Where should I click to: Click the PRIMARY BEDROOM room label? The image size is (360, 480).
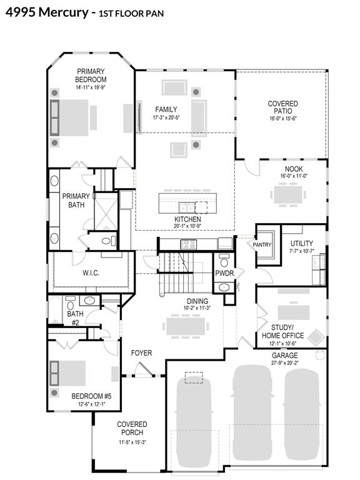click(91, 75)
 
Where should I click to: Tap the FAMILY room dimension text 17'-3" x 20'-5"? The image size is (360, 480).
click(166, 117)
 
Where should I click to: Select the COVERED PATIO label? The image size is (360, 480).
click(283, 107)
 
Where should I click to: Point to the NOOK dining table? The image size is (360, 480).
click(288, 194)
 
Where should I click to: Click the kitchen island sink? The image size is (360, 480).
click(186, 208)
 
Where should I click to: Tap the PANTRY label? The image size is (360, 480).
click(262, 244)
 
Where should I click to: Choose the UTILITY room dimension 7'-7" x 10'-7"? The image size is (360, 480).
click(301, 251)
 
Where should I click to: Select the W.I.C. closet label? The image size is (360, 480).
click(91, 272)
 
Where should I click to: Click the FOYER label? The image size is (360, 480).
click(141, 353)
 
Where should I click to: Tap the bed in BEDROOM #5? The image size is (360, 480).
click(67, 373)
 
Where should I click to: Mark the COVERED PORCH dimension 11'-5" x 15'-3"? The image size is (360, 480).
click(132, 442)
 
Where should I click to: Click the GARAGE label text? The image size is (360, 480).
click(285, 356)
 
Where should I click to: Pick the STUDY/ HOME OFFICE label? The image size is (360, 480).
click(283, 331)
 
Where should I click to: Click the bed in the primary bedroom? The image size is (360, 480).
click(69, 117)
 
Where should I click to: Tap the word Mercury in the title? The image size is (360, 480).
click(64, 12)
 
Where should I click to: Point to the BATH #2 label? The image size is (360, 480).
click(75, 318)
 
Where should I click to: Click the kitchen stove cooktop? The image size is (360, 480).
click(189, 244)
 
